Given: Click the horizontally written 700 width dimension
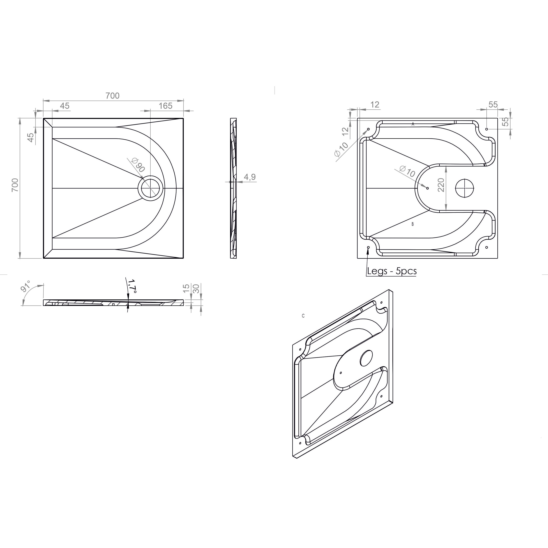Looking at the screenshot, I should point(113,96).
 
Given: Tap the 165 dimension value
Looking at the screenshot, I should point(165,106).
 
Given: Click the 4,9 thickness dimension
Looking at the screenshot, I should point(250,177).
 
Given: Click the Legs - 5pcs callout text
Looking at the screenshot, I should point(392,271).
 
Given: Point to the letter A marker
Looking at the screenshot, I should point(413,124).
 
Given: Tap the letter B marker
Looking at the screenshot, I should point(412,224).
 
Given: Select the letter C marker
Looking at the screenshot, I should point(303,316).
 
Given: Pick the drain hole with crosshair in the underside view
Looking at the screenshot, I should point(465,188).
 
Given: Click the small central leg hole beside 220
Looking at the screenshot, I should point(427,188).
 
